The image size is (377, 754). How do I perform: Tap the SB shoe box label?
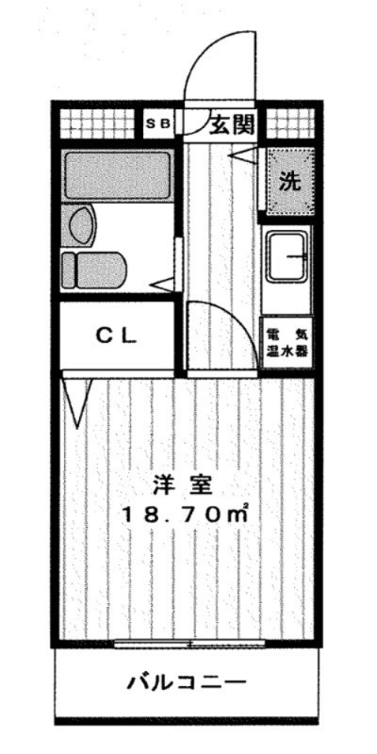[x=157, y=123]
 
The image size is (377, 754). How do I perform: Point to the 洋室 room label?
[x=185, y=488]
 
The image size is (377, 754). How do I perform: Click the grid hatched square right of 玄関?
[x=288, y=123]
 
